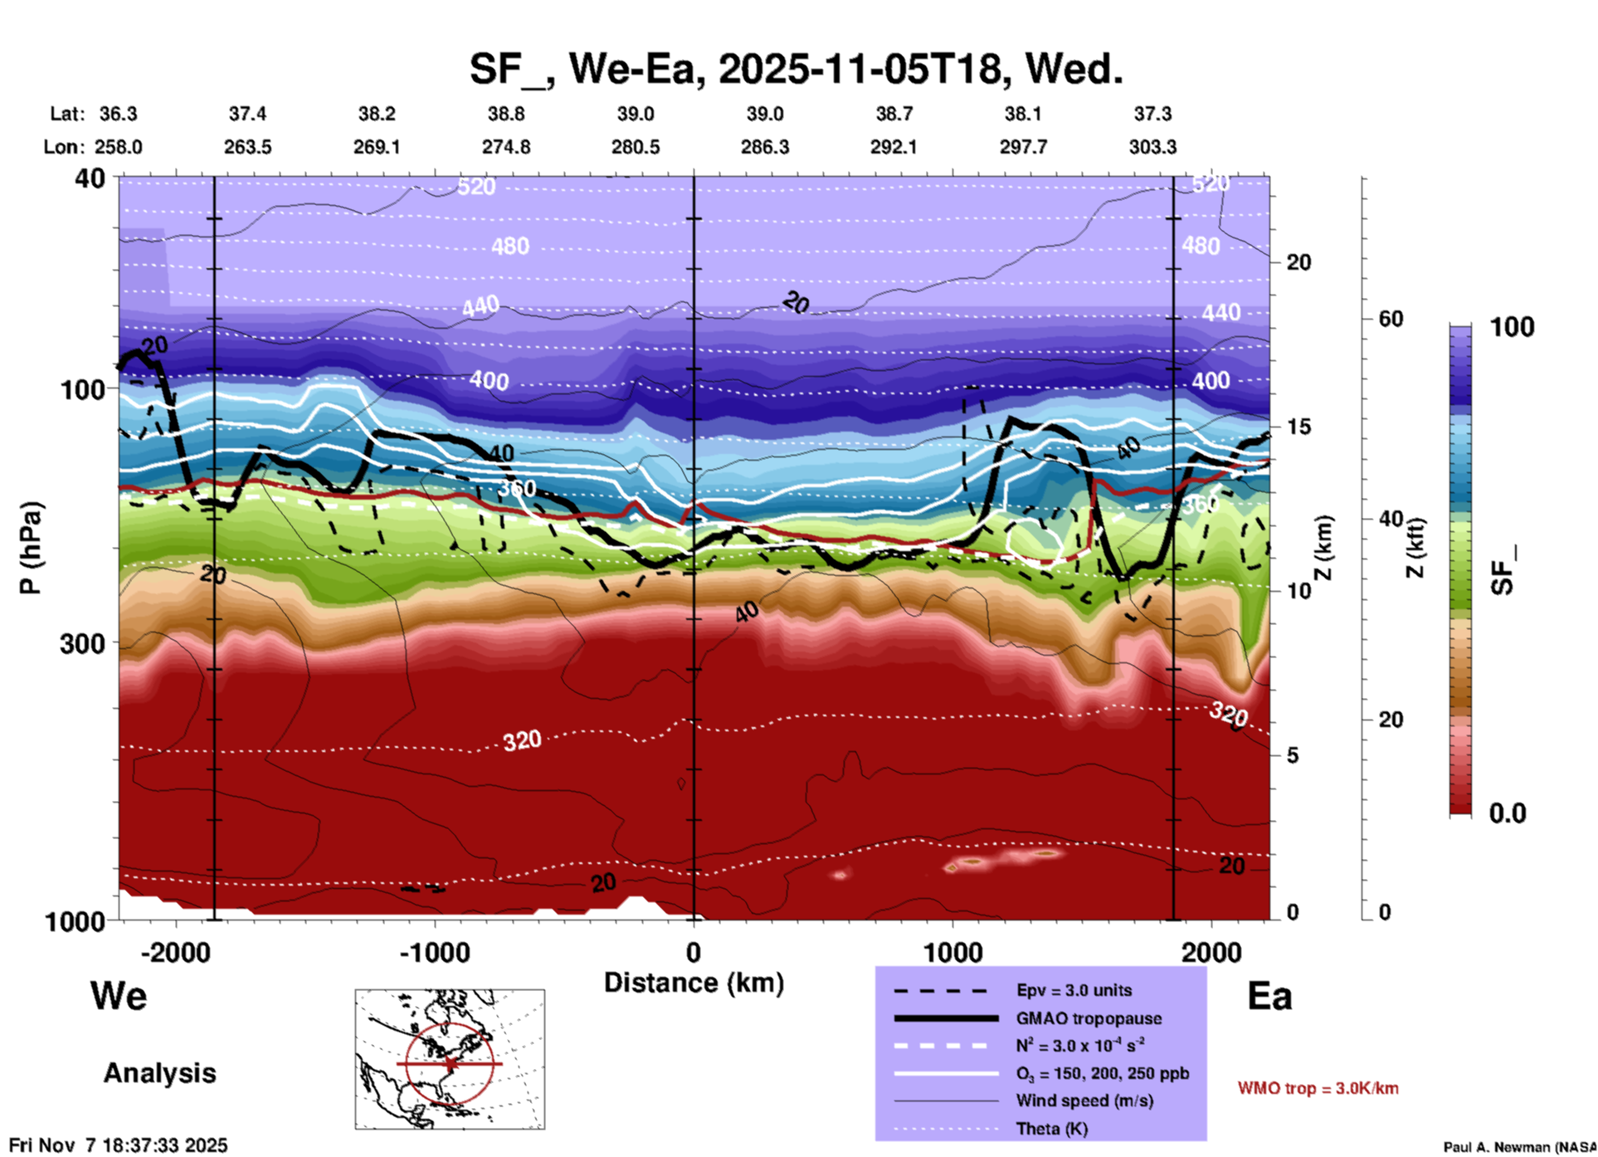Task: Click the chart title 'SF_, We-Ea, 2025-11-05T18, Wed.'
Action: click(796, 69)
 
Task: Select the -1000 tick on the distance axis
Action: click(434, 952)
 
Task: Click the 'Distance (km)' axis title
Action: click(694, 983)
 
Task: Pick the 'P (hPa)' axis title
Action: click(31, 548)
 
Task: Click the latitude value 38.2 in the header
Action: click(377, 114)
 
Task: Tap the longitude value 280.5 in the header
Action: click(636, 147)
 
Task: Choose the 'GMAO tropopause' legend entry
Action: click(1089, 1018)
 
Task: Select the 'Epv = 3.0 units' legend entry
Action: click(1074, 990)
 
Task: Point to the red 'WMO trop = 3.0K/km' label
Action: click(1318, 1088)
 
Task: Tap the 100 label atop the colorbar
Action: click(1512, 327)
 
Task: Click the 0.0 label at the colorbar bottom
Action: click(1507, 813)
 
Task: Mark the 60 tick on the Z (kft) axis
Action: click(1391, 319)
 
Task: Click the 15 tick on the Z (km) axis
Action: click(1298, 427)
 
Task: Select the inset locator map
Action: click(450, 1059)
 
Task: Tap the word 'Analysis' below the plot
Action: click(159, 1073)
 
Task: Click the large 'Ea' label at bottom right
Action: click(1269, 996)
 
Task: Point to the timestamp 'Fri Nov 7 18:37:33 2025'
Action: click(118, 1145)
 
